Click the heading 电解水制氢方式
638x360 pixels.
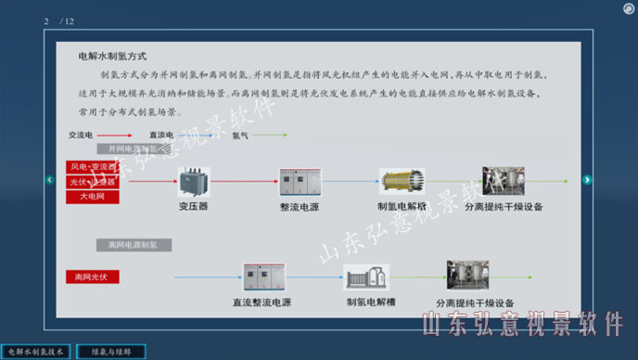click(112, 57)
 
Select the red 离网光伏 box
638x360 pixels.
click(92, 276)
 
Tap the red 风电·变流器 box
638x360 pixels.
click(92, 167)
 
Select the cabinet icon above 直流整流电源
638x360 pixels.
click(262, 279)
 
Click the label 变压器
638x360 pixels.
click(193, 207)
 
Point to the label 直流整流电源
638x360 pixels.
click(262, 302)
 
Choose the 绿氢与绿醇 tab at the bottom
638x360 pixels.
click(117, 352)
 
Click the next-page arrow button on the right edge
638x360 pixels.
click(587, 180)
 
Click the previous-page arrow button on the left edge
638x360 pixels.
click(50, 180)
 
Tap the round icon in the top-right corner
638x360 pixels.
click(628, 8)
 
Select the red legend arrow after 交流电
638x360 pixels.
click(118, 135)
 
